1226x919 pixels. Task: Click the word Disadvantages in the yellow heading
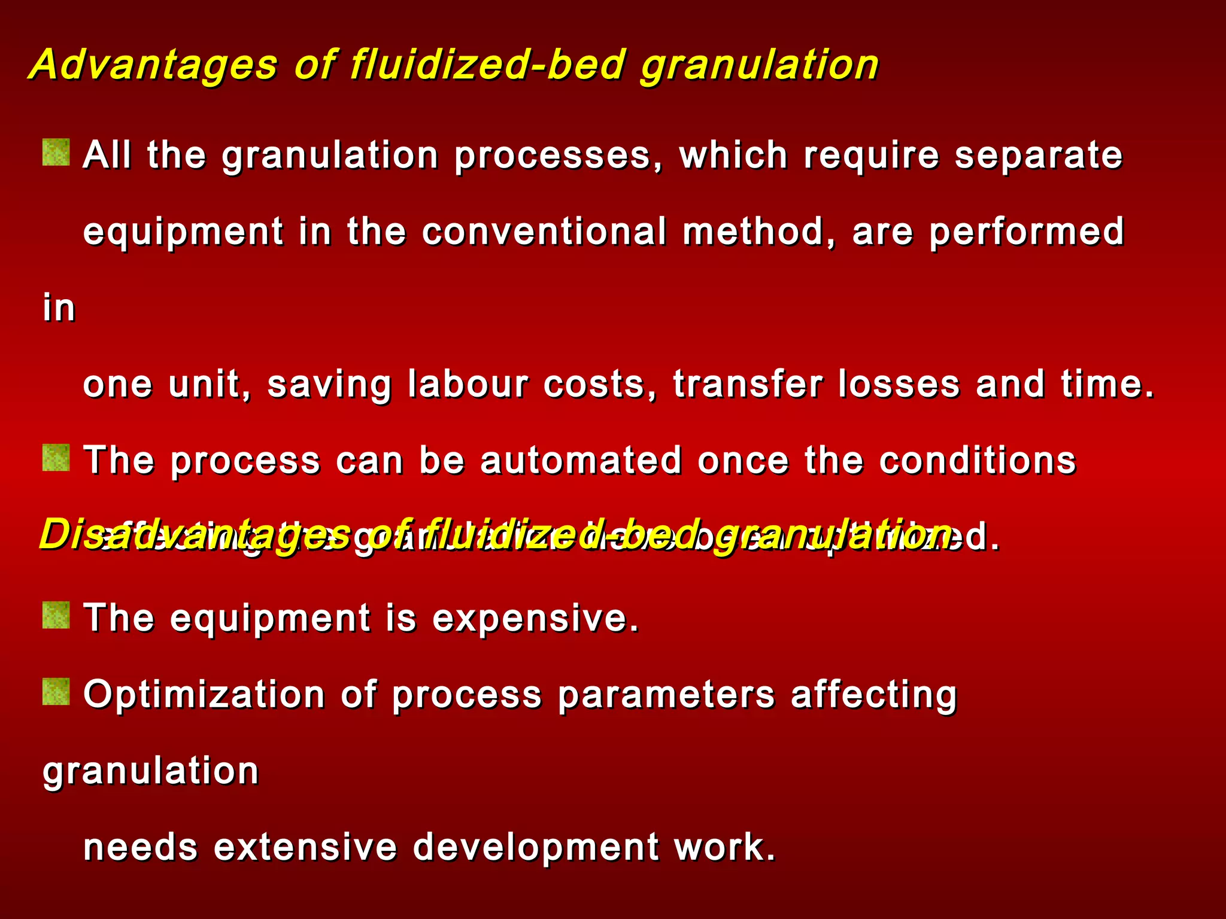tap(195, 534)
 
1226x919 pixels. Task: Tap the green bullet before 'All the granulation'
tap(56, 152)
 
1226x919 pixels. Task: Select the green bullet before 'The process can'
tap(56, 458)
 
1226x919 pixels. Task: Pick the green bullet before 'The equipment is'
tap(56, 615)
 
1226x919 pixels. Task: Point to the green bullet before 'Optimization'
tap(56, 692)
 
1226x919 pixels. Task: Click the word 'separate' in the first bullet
tap(1038, 156)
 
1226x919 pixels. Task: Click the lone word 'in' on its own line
tap(59, 308)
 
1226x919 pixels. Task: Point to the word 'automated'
tap(581, 460)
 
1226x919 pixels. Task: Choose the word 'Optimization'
tap(204, 695)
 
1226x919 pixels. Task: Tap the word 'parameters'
tap(666, 696)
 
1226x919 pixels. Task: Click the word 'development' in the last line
tap(536, 848)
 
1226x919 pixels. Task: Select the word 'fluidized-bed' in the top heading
tap(488, 65)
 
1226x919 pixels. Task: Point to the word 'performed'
tap(1026, 233)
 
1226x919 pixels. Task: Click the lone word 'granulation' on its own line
tap(151, 771)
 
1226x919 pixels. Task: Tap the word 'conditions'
tap(978, 460)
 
